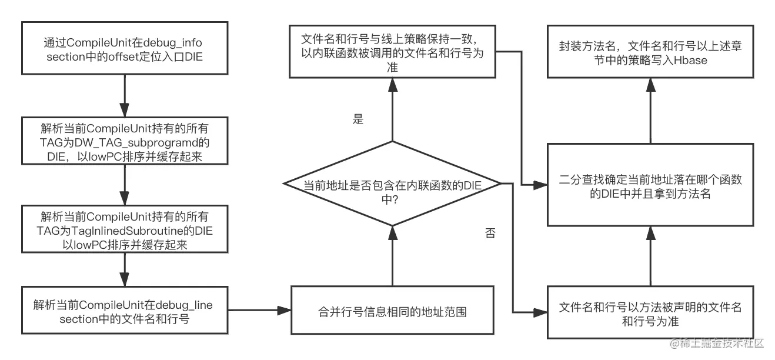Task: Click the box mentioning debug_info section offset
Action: coord(125,50)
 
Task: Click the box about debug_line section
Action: coord(125,311)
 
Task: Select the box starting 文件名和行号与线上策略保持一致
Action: coord(392,52)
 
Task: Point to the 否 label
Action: coord(489,234)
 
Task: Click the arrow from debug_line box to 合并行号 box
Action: coord(259,310)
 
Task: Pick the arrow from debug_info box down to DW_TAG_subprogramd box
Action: coord(125,97)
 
